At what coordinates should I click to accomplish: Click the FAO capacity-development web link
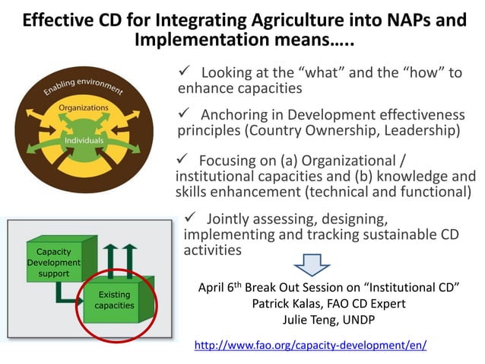pyautogui.click(x=310, y=345)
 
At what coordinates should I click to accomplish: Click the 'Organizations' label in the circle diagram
pyautogui.click(x=84, y=108)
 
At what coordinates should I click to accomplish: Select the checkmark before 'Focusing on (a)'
pyautogui.click(x=182, y=159)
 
